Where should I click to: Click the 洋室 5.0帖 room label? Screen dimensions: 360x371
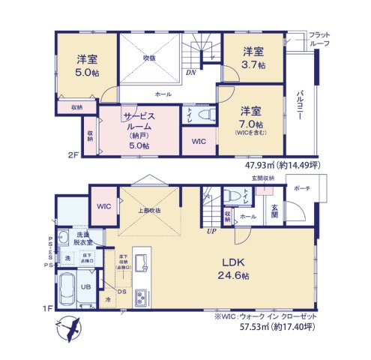point(87,65)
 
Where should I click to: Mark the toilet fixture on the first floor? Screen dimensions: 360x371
point(245,196)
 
